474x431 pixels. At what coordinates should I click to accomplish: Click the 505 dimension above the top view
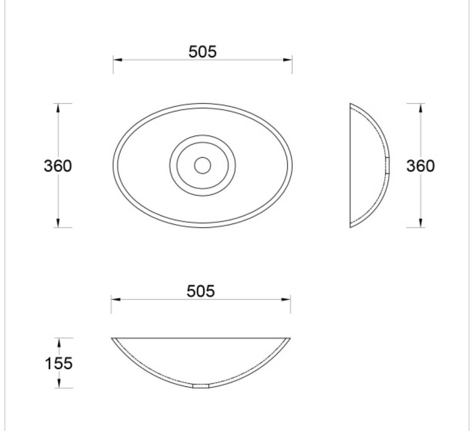tap(202, 52)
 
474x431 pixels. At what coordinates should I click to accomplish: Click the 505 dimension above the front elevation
tap(201, 291)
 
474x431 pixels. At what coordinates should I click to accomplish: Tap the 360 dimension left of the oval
tap(58, 166)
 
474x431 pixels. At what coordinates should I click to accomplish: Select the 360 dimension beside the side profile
tap(420, 166)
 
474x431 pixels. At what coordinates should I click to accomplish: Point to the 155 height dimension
tap(59, 363)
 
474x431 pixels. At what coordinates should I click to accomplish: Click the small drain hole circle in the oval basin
tap(202, 165)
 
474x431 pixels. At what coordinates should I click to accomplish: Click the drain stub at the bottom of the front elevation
tap(201, 386)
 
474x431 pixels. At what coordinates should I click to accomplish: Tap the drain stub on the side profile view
tap(388, 165)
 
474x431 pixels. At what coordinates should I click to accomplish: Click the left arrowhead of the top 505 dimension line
tap(118, 60)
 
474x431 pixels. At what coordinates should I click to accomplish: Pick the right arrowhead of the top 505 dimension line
tap(288, 60)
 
